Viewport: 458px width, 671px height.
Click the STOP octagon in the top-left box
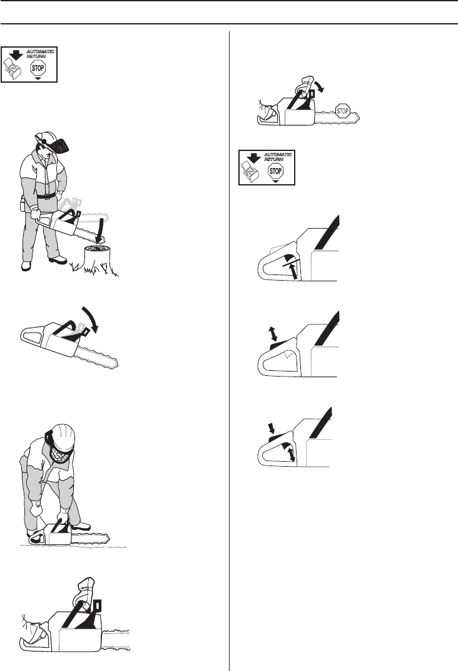(x=38, y=68)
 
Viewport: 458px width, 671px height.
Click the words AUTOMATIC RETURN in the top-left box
(x=40, y=54)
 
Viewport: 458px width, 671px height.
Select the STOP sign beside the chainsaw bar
(x=342, y=112)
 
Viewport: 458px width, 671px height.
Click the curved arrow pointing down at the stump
(x=99, y=230)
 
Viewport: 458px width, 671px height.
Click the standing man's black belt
(x=45, y=196)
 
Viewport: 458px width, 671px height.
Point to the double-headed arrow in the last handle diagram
(x=291, y=454)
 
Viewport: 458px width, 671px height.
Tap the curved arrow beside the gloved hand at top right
(x=319, y=85)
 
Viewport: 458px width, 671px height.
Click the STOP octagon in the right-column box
(x=275, y=171)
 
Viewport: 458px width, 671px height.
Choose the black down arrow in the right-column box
(x=255, y=158)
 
